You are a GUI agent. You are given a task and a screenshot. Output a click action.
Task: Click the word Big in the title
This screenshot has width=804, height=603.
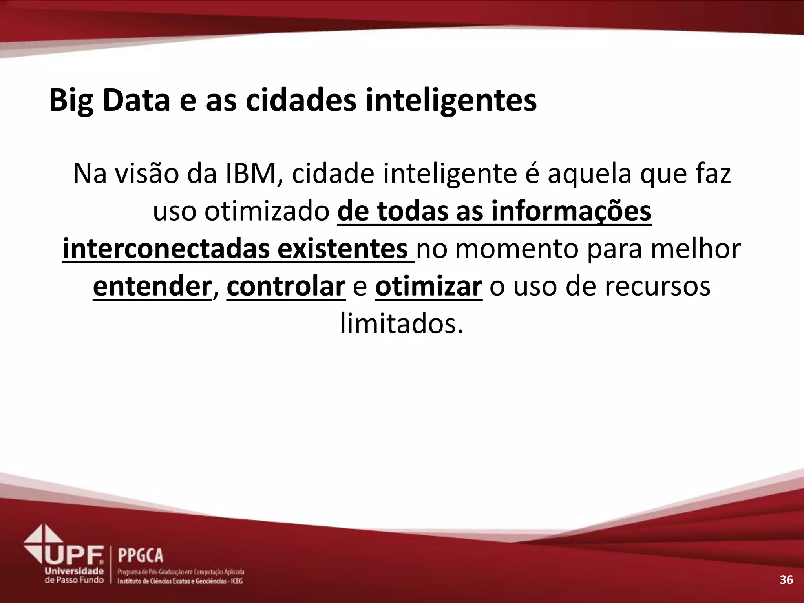click(71, 100)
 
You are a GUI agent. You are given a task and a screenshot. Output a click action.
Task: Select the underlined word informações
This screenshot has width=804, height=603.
click(571, 212)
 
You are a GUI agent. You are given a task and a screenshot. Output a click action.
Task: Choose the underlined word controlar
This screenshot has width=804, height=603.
click(286, 287)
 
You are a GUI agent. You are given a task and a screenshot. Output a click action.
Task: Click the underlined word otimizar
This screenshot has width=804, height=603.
click(428, 287)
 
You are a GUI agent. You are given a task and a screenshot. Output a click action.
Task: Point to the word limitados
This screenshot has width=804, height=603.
click(401, 325)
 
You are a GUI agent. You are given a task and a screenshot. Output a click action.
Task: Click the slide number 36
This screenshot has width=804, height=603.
click(786, 580)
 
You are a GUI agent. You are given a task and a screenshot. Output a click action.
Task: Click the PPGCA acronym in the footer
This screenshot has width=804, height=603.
click(141, 555)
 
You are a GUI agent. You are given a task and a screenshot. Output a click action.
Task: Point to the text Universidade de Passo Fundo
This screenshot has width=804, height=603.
click(74, 575)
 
